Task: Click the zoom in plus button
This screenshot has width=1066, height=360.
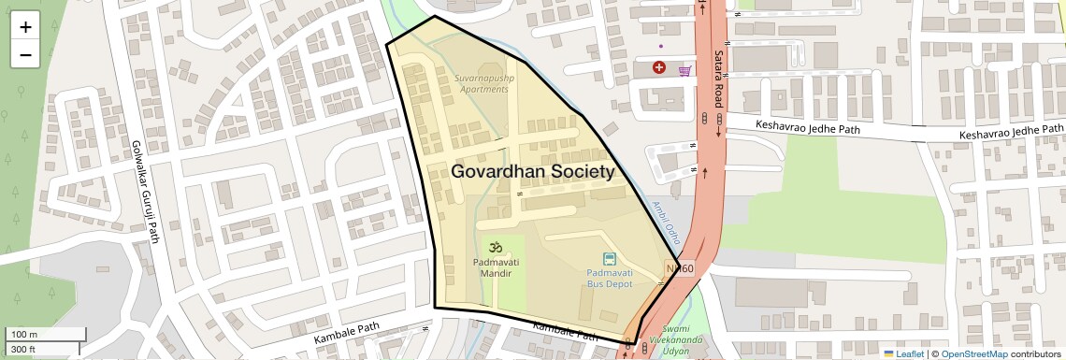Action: click(25, 27)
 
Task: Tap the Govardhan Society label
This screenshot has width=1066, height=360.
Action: click(533, 172)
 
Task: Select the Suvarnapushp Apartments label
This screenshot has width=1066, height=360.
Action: click(482, 83)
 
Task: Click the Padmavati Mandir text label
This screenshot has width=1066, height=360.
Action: click(495, 269)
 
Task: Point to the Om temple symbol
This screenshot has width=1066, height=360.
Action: click(495, 248)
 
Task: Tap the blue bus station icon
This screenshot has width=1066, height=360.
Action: click(610, 259)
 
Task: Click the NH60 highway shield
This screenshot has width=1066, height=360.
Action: click(680, 269)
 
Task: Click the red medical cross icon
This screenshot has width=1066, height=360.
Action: click(659, 67)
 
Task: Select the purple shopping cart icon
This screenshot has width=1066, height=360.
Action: click(684, 69)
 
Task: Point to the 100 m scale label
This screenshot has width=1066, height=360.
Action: click(24, 335)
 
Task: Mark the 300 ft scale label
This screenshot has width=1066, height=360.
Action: click(23, 350)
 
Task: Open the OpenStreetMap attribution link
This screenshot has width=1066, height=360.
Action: click(973, 353)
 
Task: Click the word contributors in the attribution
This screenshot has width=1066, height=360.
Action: click(1036, 353)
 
